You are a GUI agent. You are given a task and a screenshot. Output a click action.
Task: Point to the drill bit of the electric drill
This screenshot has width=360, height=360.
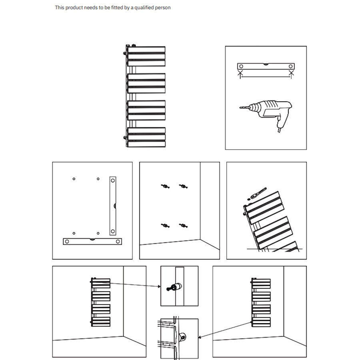[244, 107]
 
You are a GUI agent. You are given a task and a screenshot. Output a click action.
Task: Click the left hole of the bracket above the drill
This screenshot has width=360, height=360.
[241, 66]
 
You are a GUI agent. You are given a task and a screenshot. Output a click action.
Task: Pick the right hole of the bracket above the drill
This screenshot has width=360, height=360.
[291, 66]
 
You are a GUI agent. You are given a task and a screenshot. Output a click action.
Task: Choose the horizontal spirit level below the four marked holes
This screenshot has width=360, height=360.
[92, 241]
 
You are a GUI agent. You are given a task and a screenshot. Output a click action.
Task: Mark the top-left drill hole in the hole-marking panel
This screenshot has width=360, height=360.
[74, 178]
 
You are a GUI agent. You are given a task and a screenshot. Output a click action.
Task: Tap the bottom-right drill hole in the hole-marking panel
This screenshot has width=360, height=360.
[98, 233]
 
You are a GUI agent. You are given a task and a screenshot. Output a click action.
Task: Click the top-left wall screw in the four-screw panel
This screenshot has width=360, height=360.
[164, 186]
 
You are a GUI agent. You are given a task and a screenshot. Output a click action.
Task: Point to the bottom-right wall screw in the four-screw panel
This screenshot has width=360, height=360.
[184, 226]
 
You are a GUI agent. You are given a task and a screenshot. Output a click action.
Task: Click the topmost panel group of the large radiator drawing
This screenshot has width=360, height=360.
[146, 56]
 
